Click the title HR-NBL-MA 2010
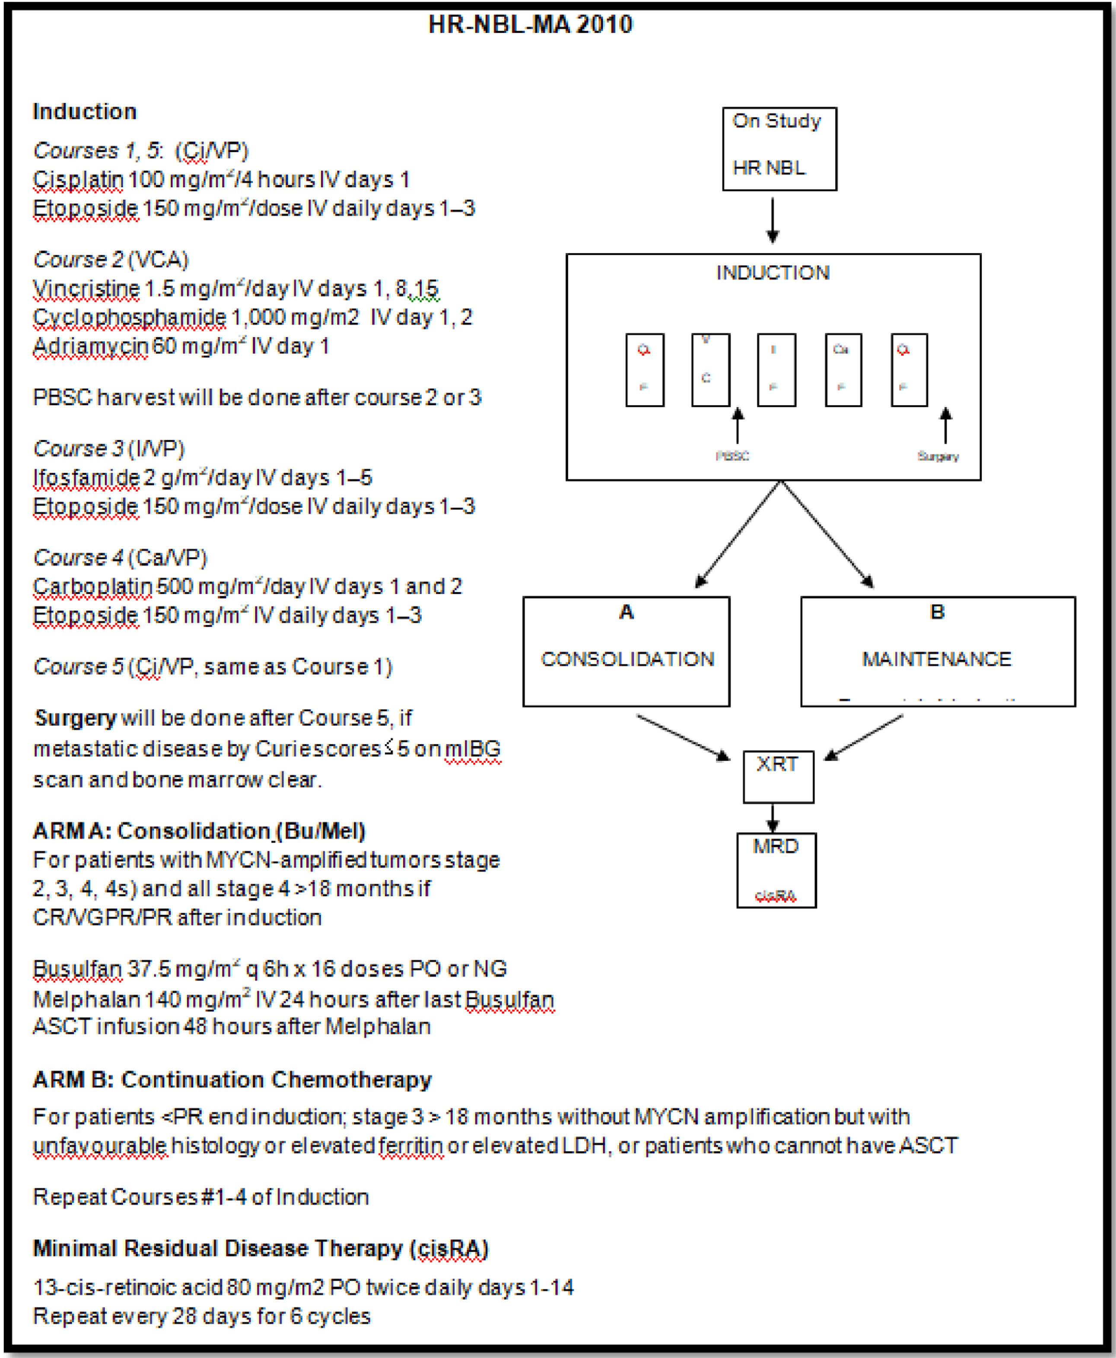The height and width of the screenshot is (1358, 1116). point(531,25)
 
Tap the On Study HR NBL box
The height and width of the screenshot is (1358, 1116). point(779,149)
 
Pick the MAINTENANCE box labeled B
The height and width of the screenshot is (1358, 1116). point(937,651)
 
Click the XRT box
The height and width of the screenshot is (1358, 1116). point(778,776)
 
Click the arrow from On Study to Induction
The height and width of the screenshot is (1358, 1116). point(773,220)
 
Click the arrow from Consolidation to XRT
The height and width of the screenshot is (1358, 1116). point(683,737)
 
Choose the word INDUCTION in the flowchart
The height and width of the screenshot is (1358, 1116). point(773,273)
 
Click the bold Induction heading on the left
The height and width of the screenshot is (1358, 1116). point(85,111)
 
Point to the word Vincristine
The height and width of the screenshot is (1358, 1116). point(86,289)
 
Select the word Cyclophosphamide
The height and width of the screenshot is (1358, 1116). point(129,317)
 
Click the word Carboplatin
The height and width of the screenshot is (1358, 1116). point(92,586)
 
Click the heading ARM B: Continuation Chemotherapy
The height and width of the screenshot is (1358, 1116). point(232,1080)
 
